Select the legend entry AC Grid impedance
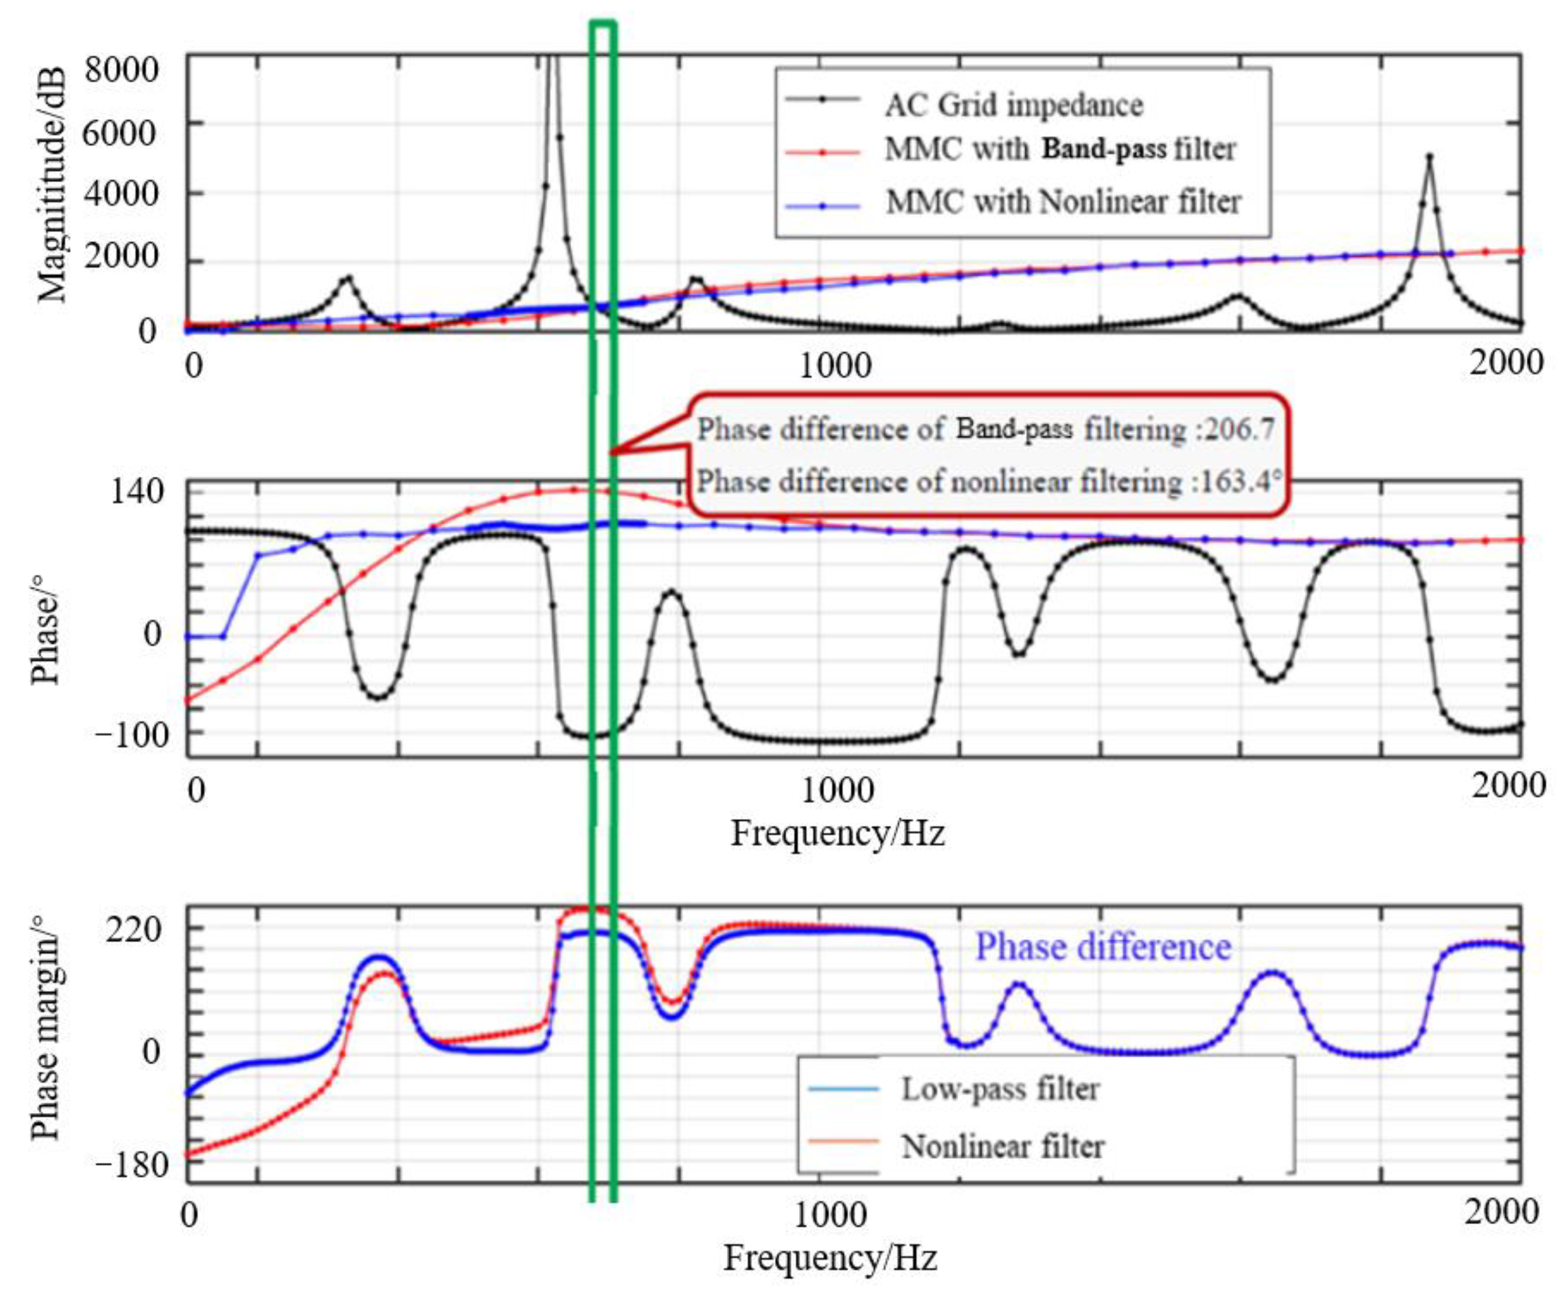pyautogui.click(x=1013, y=104)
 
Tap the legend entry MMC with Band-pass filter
pyautogui.click(x=1059, y=150)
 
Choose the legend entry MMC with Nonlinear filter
pyautogui.click(x=1062, y=202)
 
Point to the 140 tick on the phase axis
pyautogui.click(x=137, y=492)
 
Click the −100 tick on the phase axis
pyautogui.click(x=132, y=735)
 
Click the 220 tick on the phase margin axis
pyautogui.click(x=133, y=930)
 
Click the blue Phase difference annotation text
pyautogui.click(x=1103, y=947)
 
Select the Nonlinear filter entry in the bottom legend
pyautogui.click(x=1002, y=1146)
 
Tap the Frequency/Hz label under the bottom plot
pyautogui.click(x=829, y=1258)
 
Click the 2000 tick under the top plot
pyautogui.click(x=1506, y=363)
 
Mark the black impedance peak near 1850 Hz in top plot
pyautogui.click(x=1429, y=157)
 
